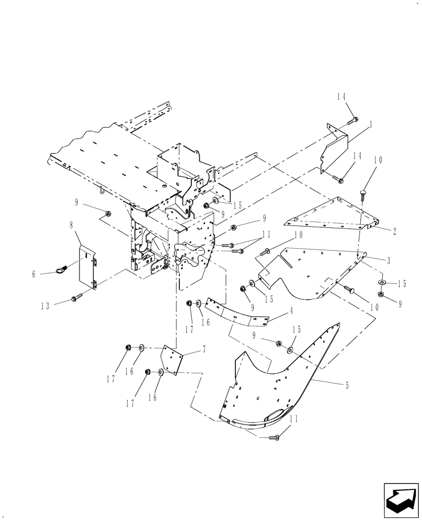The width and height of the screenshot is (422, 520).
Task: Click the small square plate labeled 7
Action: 172,359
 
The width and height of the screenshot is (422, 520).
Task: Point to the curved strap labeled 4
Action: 237,313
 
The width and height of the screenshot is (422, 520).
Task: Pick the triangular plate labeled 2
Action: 333,214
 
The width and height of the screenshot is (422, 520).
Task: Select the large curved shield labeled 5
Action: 281,385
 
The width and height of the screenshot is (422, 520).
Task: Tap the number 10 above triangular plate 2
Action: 377,160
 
